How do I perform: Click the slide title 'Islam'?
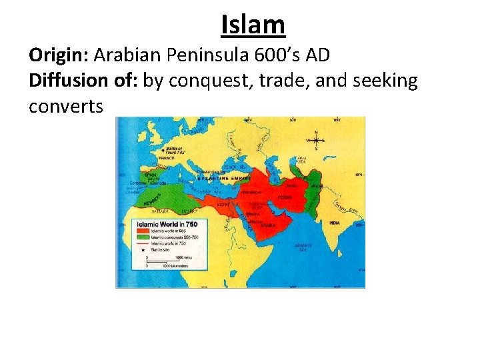coord(253,25)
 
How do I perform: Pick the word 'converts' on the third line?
coord(65,106)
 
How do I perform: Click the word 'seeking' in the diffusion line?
coord(387,81)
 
